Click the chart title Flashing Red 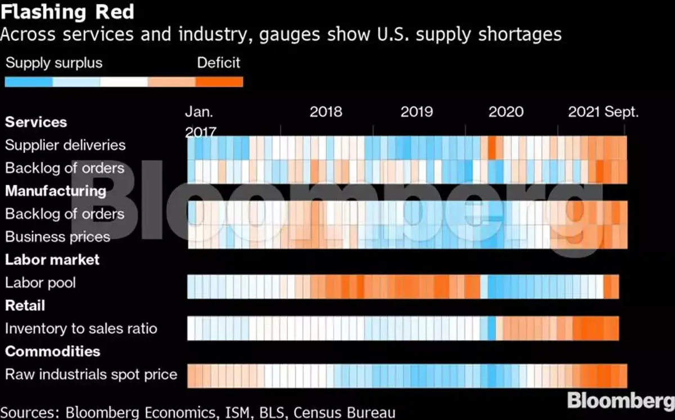(x=67, y=12)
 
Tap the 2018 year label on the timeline (x=326, y=111)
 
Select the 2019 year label (x=417, y=111)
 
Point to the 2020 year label (x=506, y=111)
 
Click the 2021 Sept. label (x=603, y=111)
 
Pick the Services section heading (x=36, y=122)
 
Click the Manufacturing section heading (x=56, y=191)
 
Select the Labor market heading (x=52, y=260)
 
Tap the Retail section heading (x=25, y=306)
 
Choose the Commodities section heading (x=53, y=351)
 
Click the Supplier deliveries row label (x=65, y=145)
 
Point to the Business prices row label (x=57, y=236)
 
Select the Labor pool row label (x=40, y=283)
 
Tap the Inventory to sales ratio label (x=81, y=328)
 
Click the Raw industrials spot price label (x=91, y=374)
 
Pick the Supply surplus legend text (x=54, y=62)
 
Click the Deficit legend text (x=218, y=62)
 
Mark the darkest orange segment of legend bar (x=219, y=82)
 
